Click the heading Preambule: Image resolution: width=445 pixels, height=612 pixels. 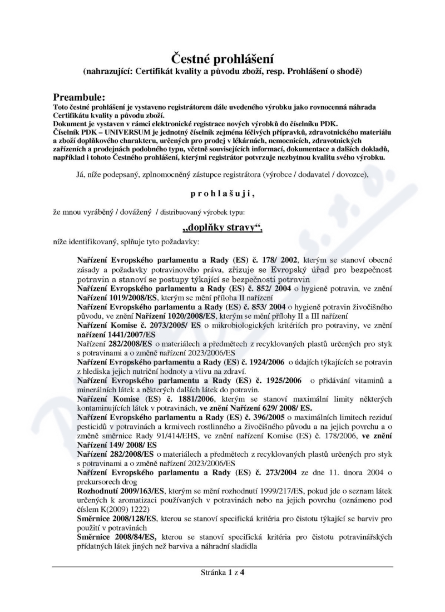(83, 97)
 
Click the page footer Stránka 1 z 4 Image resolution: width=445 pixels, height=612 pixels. (222, 572)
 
